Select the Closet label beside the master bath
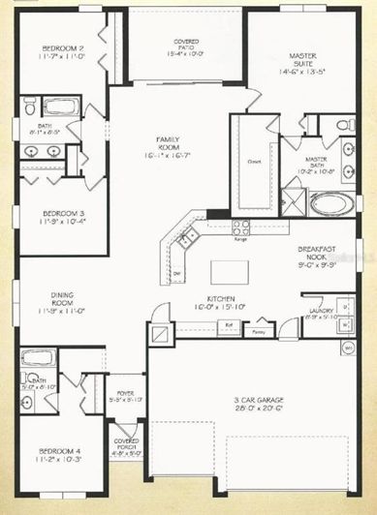255,161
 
